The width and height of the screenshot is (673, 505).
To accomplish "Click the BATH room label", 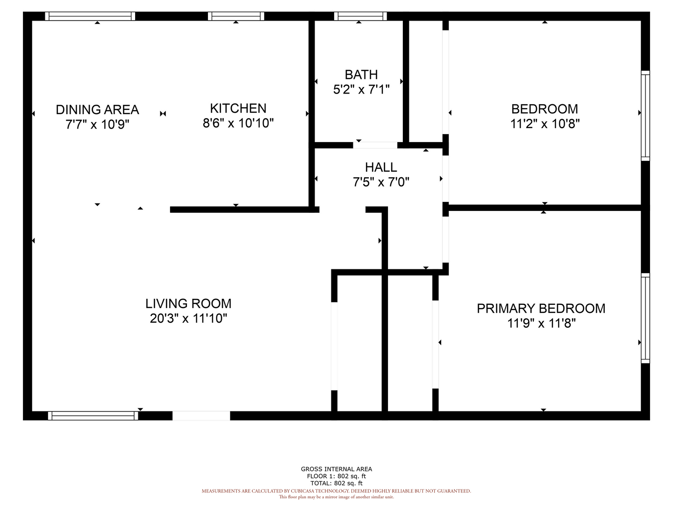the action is click(x=361, y=74).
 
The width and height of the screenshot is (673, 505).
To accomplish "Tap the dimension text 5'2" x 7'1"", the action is click(x=361, y=89).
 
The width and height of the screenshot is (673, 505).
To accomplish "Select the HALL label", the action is click(x=381, y=167).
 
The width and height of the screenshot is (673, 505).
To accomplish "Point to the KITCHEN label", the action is click(x=238, y=108).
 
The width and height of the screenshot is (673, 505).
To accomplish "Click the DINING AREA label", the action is click(x=97, y=109).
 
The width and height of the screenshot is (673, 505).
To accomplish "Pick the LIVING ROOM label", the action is click(x=188, y=303).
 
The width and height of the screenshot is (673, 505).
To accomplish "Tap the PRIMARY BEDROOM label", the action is click(x=541, y=309).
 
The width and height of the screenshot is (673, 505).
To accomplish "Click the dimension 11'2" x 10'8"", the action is click(x=544, y=124).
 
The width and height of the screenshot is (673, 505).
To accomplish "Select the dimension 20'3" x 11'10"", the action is click(x=188, y=318).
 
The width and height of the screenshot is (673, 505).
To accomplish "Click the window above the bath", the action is click(x=360, y=16).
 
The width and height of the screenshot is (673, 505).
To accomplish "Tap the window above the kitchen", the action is click(x=236, y=16).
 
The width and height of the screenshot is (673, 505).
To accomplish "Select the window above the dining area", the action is click(x=90, y=16).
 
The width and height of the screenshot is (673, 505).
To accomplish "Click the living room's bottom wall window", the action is click(x=93, y=416).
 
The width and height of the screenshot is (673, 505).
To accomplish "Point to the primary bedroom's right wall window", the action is click(x=645, y=318).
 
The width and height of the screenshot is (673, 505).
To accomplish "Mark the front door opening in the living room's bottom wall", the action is click(x=201, y=416).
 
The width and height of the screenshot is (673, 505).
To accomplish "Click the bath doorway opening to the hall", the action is click(x=375, y=145).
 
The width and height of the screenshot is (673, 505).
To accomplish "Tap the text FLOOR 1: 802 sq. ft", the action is click(x=336, y=476).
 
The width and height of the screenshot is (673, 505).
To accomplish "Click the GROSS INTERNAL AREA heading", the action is click(x=336, y=469).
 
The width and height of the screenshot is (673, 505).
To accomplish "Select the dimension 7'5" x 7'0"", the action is click(x=381, y=182).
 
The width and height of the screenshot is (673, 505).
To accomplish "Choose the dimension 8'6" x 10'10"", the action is click(x=238, y=123).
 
